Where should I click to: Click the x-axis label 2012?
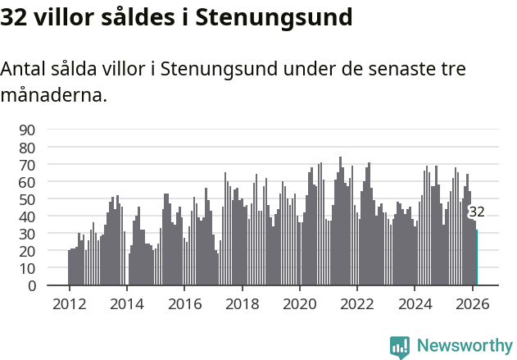69,303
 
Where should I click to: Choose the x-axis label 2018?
242,303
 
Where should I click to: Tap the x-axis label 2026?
473,303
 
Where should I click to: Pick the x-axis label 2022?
357,303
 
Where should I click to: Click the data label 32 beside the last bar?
476,212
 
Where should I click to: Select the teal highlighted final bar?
476,258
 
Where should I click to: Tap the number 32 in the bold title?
14,16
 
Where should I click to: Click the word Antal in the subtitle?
24,69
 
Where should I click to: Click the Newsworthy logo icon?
400,346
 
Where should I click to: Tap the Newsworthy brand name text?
464,346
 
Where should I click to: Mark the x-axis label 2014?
126,303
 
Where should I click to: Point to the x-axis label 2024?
415,303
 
